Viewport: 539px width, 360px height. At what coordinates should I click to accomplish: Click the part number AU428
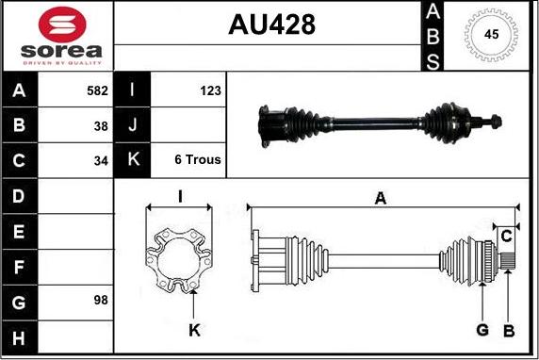(271, 25)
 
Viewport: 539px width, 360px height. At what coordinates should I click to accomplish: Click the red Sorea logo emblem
(62, 25)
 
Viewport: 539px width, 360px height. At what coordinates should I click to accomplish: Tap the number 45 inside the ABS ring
(491, 34)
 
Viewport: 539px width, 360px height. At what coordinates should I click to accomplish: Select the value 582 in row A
(97, 90)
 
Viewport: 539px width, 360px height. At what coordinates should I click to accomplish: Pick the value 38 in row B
(101, 126)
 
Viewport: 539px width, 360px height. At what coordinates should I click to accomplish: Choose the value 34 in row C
(101, 160)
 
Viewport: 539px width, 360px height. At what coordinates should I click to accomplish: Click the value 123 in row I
(210, 90)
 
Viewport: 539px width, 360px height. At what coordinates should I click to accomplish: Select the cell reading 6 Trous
(198, 159)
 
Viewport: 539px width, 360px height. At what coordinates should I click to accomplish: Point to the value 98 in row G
(101, 300)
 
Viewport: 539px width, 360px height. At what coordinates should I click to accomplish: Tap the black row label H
(19, 337)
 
